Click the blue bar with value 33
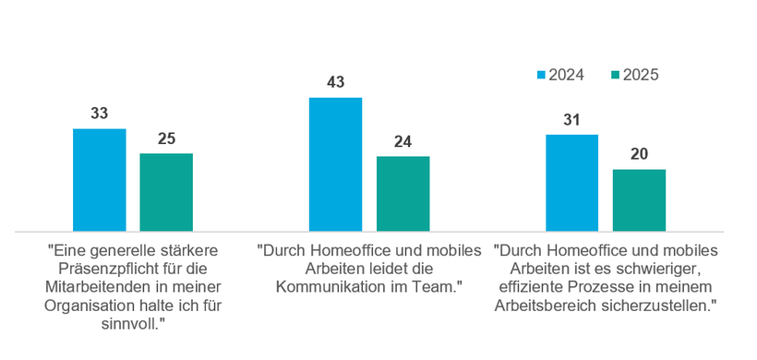click(x=99, y=180)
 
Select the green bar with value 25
click(x=166, y=192)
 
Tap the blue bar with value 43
click(x=335, y=164)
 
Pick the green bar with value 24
click(x=403, y=194)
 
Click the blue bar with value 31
click(x=571, y=183)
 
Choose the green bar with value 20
click(x=639, y=200)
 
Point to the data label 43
click(x=335, y=82)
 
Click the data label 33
click(x=99, y=114)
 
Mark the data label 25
click(x=166, y=138)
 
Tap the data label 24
click(x=403, y=141)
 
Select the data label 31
click(x=571, y=120)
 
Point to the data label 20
click(x=639, y=154)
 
